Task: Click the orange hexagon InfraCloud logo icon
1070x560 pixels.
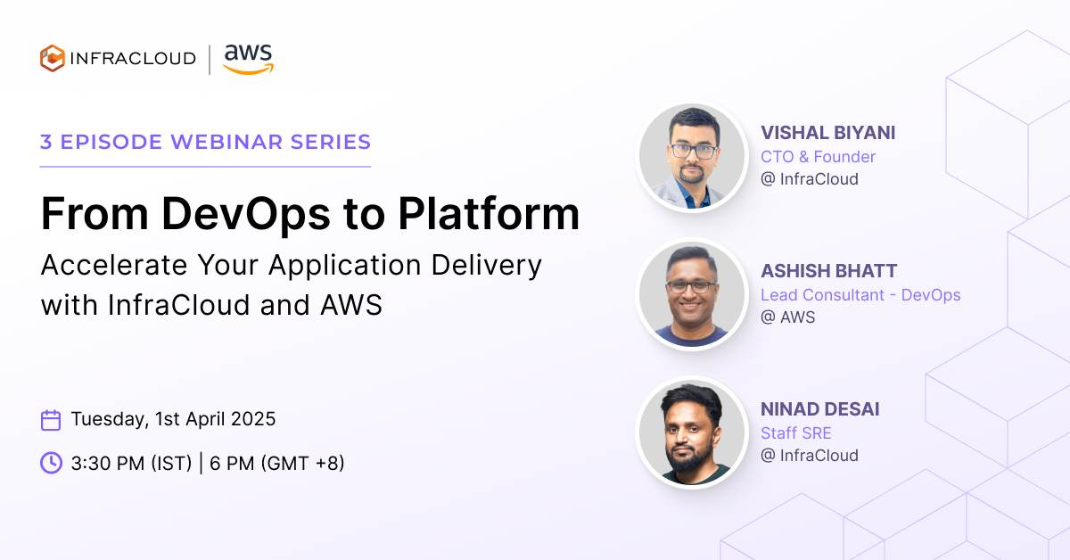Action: click(x=53, y=58)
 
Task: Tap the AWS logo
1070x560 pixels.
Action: click(x=249, y=59)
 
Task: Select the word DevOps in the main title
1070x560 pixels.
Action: click(x=245, y=214)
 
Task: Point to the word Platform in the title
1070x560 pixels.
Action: click(x=489, y=214)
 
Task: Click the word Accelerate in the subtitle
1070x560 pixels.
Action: click(x=114, y=265)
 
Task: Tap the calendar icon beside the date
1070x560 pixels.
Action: click(x=51, y=420)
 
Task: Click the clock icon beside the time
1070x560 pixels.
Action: click(x=51, y=463)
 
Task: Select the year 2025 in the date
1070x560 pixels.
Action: click(x=253, y=419)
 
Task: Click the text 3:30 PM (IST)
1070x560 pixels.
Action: click(x=131, y=463)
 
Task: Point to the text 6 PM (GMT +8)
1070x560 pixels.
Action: click(x=277, y=463)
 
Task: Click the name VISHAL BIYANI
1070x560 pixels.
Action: click(x=827, y=133)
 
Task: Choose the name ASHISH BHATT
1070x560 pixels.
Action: click(x=828, y=271)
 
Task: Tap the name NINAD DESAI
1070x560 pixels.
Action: click(x=819, y=409)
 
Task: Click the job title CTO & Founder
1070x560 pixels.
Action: click(x=818, y=157)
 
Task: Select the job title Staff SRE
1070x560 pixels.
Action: click(x=795, y=432)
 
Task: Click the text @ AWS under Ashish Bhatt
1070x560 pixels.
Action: click(x=787, y=317)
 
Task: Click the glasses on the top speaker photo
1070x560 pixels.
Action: click(x=693, y=152)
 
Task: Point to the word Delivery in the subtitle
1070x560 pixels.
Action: click(x=486, y=266)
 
